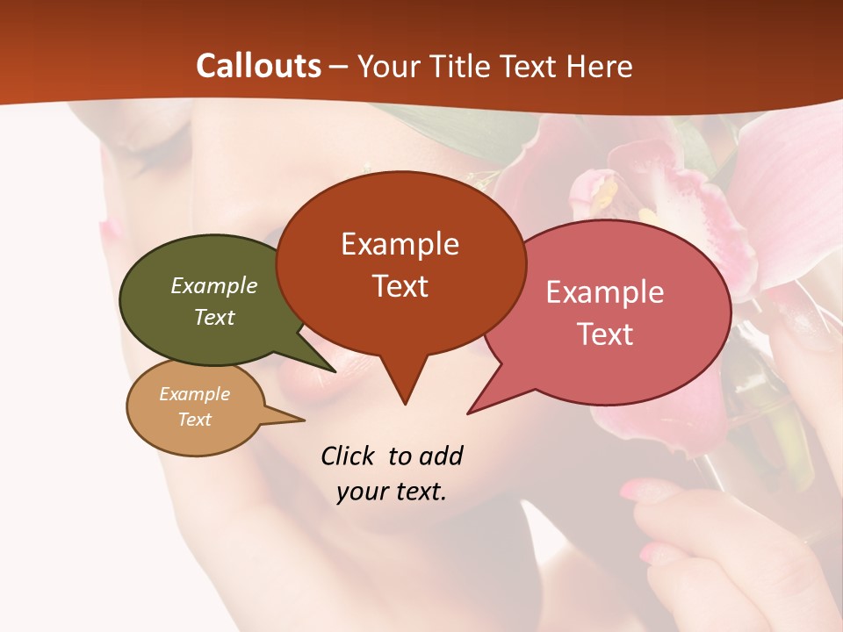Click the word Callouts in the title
(x=258, y=66)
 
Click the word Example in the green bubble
(x=213, y=285)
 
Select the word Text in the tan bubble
(x=194, y=420)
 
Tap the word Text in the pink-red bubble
(x=606, y=334)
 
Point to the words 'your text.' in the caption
(x=392, y=492)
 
